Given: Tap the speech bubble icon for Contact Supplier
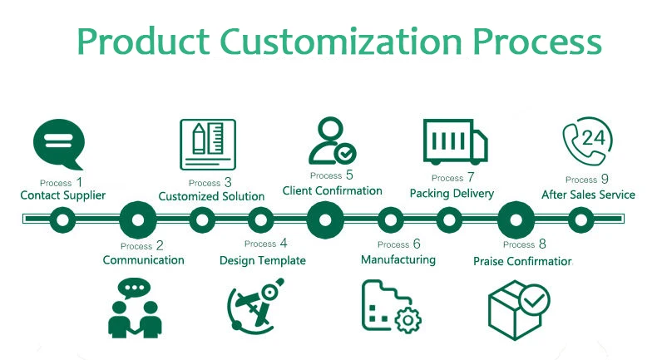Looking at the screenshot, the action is click(58, 145).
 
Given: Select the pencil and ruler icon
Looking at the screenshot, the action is click(204, 143).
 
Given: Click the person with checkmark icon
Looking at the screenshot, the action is click(331, 141).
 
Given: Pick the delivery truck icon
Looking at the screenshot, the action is click(454, 141).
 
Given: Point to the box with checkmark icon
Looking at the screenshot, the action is click(517, 309).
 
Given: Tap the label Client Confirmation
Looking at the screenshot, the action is click(332, 191).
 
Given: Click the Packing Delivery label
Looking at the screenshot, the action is click(452, 194).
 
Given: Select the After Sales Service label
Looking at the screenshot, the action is click(588, 195).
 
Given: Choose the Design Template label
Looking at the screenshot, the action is click(262, 260).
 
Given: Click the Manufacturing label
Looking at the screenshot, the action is click(398, 259).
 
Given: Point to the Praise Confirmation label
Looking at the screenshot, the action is click(523, 261).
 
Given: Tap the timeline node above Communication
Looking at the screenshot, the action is click(138, 220).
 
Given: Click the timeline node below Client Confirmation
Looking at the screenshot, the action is click(325, 220).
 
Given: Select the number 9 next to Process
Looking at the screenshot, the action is click(605, 178).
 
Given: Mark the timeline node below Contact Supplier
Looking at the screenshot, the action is click(63, 220).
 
